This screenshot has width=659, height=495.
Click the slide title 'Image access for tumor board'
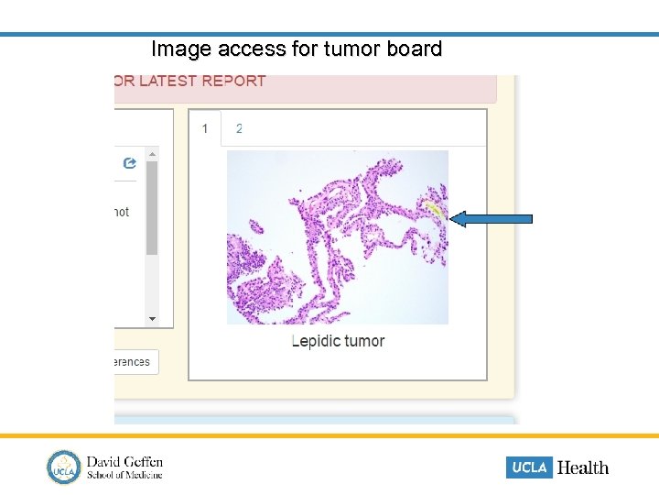[297, 49]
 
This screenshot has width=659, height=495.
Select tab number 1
[205, 128]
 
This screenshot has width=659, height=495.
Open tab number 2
[239, 128]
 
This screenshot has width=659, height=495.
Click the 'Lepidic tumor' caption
[338, 341]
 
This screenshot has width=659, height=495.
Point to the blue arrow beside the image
[493, 218]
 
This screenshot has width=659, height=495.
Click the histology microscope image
[337, 236]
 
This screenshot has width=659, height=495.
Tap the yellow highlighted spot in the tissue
[435, 212]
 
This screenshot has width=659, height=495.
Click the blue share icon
[129, 163]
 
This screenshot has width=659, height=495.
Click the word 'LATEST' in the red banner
[167, 81]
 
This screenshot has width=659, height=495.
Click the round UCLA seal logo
[64, 467]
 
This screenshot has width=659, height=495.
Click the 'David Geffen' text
[124, 461]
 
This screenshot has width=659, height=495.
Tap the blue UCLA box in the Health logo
[529, 467]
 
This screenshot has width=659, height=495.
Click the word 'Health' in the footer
[582, 467]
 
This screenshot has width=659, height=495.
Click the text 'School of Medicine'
[124, 475]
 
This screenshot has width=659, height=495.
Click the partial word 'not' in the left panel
[121, 212]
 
